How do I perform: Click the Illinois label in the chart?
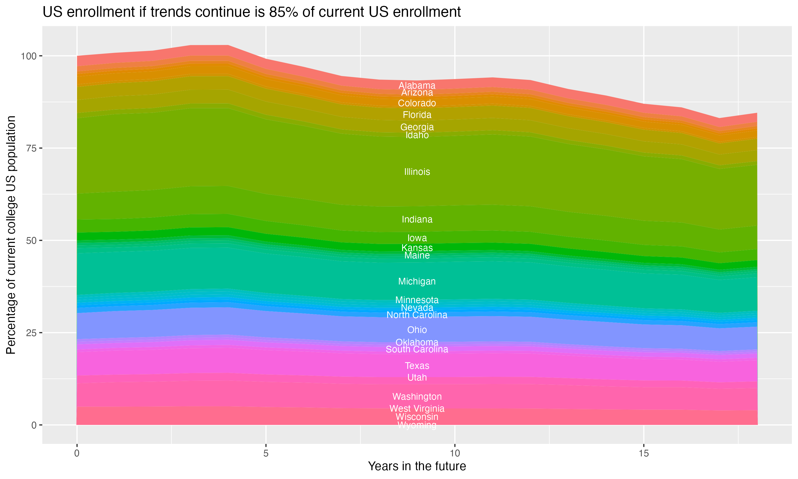(417, 172)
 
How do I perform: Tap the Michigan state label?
(417, 282)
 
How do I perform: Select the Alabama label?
(417, 85)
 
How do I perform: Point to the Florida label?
(417, 115)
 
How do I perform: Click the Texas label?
(417, 366)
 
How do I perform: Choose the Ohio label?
(417, 330)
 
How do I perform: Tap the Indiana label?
(417, 220)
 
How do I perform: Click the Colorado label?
(417, 103)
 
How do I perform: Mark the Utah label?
(417, 377)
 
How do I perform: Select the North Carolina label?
(417, 315)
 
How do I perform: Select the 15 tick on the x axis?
(643, 453)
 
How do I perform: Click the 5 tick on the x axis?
(266, 453)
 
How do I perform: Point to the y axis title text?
(11, 235)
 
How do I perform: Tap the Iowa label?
(417, 238)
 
